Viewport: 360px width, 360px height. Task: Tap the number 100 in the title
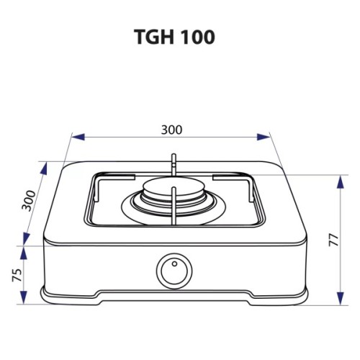197,37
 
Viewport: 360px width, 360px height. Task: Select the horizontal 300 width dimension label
171,130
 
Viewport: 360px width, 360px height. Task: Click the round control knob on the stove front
173,271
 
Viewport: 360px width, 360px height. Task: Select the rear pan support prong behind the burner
173,164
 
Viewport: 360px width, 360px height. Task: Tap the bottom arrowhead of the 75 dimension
24,297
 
